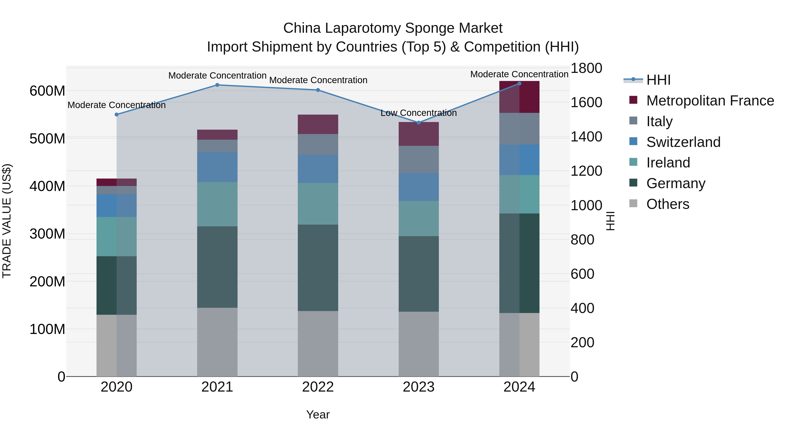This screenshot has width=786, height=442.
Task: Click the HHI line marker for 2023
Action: [419, 123]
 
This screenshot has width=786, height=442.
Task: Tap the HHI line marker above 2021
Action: [217, 85]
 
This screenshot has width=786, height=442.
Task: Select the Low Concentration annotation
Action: [419, 113]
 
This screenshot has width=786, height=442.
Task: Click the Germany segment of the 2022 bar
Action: [318, 268]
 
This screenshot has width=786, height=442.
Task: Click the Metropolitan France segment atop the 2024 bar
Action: [519, 97]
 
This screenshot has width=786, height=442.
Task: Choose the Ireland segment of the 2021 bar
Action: [217, 204]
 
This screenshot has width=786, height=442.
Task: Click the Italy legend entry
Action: [659, 121]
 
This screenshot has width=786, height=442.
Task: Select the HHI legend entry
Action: [658, 80]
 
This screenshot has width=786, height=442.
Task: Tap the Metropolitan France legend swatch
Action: [633, 100]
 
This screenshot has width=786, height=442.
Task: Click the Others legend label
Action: [668, 204]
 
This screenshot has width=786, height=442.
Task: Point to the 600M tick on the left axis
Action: [47, 91]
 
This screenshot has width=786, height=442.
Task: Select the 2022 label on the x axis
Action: [318, 387]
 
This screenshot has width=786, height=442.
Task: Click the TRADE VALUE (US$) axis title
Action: [7, 221]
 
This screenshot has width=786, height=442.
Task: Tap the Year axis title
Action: [318, 414]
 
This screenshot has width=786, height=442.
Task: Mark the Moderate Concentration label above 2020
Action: [117, 105]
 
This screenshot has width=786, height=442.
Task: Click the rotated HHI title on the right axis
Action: [610, 221]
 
